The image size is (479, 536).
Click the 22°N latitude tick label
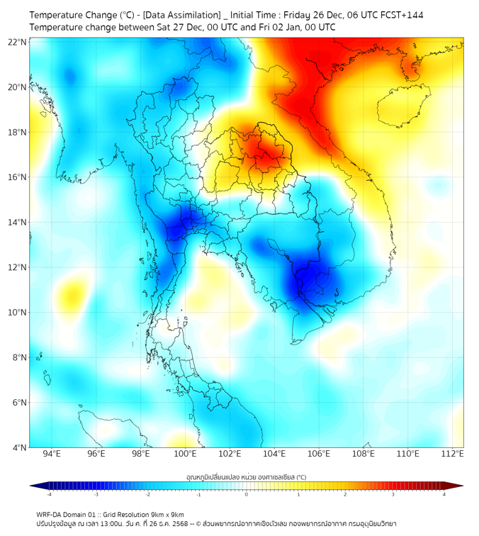point(18,42)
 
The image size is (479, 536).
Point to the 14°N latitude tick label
point(18,223)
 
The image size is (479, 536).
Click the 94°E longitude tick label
point(52,454)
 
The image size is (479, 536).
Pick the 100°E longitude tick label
point(186,454)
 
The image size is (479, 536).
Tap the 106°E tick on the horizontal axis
point(319,454)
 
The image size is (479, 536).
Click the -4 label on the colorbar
point(49,493)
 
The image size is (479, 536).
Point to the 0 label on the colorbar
point(247,493)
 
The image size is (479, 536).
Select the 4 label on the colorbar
point(444,493)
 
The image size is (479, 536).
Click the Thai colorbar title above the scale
point(246,477)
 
